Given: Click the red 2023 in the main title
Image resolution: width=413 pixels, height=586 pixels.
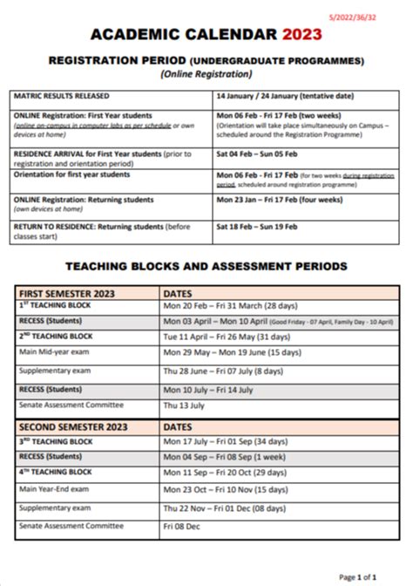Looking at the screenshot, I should pyautogui.click(x=301, y=34).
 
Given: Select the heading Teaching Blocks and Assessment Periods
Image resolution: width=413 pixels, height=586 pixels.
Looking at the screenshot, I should pyautogui.click(x=206, y=265).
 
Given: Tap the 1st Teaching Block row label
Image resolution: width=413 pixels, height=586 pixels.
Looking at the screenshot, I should pyautogui.click(x=56, y=307).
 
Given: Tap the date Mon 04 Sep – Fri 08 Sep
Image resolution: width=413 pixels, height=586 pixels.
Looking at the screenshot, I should pyautogui.click(x=232, y=457).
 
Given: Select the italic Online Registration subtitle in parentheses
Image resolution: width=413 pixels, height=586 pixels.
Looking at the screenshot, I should pyautogui.click(x=206, y=74).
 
